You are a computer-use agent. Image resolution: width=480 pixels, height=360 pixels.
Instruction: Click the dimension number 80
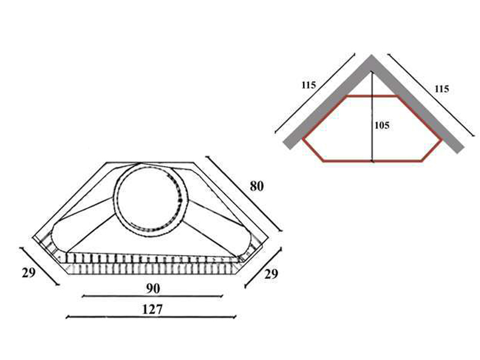[257, 186]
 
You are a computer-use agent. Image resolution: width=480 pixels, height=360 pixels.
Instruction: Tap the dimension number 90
[153, 289]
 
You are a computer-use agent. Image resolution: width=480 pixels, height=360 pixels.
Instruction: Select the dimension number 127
[152, 310]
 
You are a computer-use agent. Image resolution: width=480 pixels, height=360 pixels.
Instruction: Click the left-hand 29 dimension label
[28, 272]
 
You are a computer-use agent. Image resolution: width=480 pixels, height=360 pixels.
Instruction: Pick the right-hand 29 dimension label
[271, 274]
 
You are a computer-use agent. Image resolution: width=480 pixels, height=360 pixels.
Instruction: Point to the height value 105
[382, 125]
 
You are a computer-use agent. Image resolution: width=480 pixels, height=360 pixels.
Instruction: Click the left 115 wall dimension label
[308, 85]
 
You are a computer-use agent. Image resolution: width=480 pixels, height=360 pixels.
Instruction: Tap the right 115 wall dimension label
[442, 89]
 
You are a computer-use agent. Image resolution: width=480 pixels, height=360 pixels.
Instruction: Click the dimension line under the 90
[153, 296]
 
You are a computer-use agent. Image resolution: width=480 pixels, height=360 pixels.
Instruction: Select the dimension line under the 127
[151, 317]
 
